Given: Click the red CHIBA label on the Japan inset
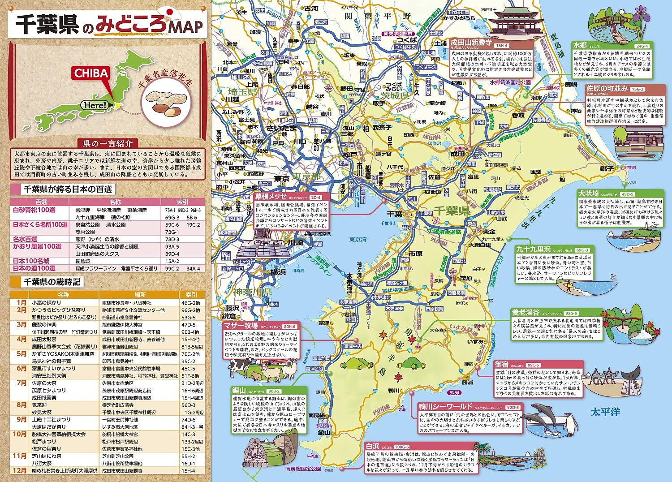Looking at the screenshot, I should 91,73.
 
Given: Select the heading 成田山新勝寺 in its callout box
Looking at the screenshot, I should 471,43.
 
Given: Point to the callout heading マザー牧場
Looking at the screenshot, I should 241,326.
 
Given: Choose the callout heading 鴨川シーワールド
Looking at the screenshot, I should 446,406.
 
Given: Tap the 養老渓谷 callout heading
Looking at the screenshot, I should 526,313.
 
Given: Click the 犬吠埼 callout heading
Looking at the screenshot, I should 589,194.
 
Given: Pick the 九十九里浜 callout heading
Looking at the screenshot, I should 533,249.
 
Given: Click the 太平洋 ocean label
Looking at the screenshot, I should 605,411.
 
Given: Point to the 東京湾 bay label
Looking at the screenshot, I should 358,240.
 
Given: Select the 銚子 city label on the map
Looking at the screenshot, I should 606,168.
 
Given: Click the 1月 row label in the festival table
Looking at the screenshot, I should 22,302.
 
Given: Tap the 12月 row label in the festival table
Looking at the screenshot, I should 20,470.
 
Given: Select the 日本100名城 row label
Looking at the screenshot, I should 31,261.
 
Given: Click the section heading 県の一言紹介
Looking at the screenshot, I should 108,143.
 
